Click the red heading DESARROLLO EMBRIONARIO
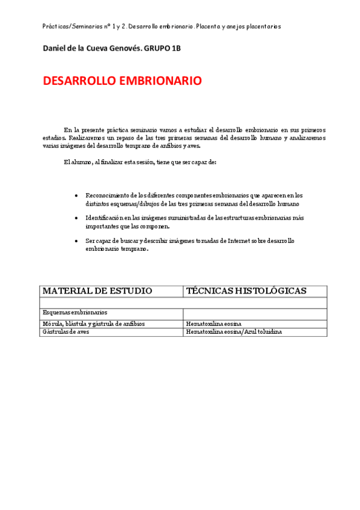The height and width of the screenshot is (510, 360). pyautogui.click(x=122, y=81)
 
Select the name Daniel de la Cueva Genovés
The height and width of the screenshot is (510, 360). pyautogui.click(x=91, y=48)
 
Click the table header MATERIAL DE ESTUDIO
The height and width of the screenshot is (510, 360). pyautogui.click(x=97, y=291)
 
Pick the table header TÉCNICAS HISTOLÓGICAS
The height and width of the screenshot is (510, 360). pyautogui.click(x=246, y=291)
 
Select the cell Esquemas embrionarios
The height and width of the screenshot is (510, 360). pyautogui.click(x=75, y=313)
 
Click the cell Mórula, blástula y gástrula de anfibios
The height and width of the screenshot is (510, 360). pyautogui.click(x=94, y=324)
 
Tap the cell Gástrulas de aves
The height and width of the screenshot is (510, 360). pyautogui.click(x=67, y=331)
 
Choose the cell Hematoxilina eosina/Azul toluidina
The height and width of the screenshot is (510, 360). pyautogui.click(x=234, y=331)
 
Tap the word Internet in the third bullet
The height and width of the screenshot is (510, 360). pyautogui.click(x=237, y=241)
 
